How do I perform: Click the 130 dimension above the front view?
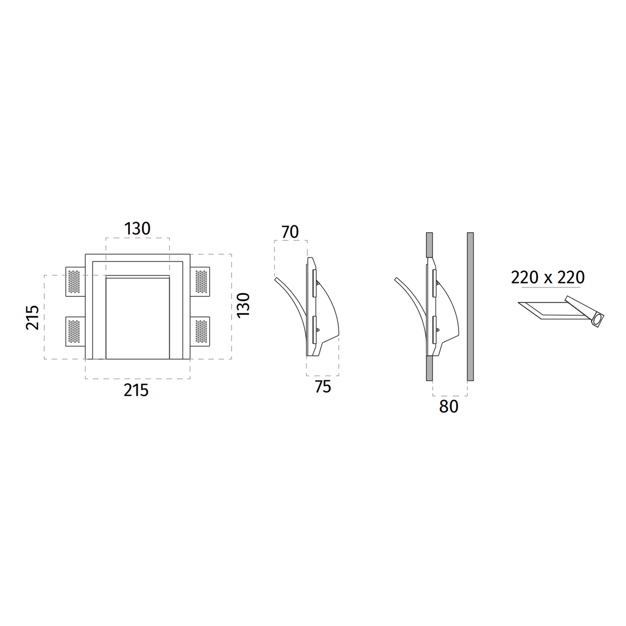click(137, 228)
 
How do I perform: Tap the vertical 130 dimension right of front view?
click(243, 305)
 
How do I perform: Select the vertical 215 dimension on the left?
click(32, 317)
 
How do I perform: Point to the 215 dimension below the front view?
click(136, 390)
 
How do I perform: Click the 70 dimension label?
click(290, 232)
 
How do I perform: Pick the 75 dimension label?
click(323, 387)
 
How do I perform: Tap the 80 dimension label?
click(449, 406)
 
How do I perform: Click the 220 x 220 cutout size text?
click(548, 278)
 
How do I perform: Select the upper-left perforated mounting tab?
click(75, 282)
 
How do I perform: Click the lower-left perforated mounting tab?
click(75, 331)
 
